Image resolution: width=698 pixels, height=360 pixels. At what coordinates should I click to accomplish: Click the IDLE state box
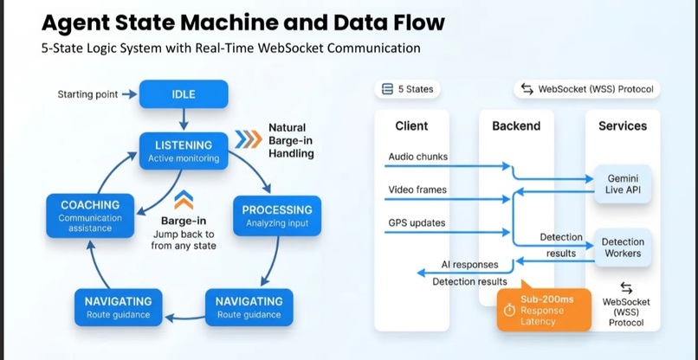point(184,94)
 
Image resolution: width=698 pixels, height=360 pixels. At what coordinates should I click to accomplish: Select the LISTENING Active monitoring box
point(184,151)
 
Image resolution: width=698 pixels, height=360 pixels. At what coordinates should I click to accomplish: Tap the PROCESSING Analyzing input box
point(277,215)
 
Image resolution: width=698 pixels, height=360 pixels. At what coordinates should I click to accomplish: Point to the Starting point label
point(87,94)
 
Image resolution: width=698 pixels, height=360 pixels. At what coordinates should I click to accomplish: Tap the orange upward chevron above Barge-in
point(184,201)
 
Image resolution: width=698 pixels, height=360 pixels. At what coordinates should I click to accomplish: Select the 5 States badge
point(408,89)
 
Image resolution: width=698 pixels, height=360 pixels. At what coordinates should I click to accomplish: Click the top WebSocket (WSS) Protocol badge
point(586,89)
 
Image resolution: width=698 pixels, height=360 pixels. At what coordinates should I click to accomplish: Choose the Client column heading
point(411,125)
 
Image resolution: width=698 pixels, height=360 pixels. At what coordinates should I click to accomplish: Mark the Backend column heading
point(516,125)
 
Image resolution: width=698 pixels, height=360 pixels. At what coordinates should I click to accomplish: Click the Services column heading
point(623,125)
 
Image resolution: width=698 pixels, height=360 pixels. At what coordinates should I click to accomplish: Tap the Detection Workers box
point(623,247)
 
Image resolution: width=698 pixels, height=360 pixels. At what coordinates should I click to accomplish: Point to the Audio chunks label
point(417,157)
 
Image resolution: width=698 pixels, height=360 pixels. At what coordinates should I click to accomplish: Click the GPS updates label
point(417,223)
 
